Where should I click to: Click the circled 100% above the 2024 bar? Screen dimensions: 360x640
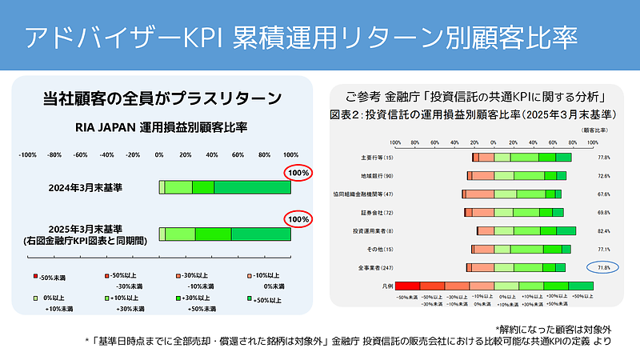[x=299, y=173]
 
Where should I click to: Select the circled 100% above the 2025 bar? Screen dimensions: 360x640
[x=299, y=219]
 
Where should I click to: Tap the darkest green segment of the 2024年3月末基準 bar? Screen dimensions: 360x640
[x=252, y=187]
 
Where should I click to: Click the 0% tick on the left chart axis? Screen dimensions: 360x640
[x=158, y=154]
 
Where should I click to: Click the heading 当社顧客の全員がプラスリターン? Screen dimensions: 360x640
[x=162, y=99]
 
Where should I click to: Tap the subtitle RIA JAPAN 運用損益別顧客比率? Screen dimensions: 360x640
[x=161, y=127]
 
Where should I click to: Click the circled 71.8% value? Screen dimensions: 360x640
[x=604, y=267]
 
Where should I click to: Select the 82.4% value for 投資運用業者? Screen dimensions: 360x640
[x=604, y=230]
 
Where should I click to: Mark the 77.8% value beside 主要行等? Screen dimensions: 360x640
[x=604, y=158]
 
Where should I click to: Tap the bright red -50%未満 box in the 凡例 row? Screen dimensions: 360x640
[x=408, y=286]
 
